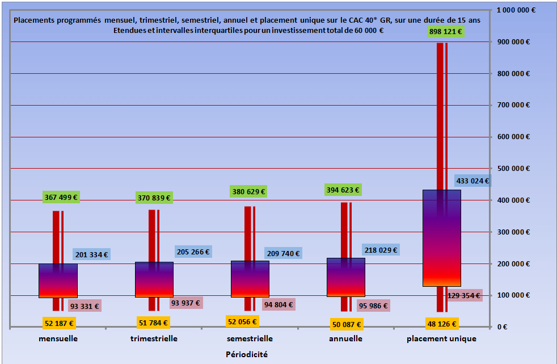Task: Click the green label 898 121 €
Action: point(445,32)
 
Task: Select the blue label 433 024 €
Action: point(472,181)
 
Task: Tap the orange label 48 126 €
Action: point(441,324)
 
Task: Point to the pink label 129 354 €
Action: point(463,295)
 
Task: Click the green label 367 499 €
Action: point(61,197)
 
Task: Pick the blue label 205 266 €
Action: point(192,252)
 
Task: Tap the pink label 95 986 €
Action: point(373,306)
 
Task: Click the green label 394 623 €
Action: point(343,190)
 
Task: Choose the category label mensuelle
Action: point(58,338)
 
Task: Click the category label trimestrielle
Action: point(154,338)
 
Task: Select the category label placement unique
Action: point(441,338)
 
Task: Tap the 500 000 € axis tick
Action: point(513,169)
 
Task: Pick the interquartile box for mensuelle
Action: point(58,281)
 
